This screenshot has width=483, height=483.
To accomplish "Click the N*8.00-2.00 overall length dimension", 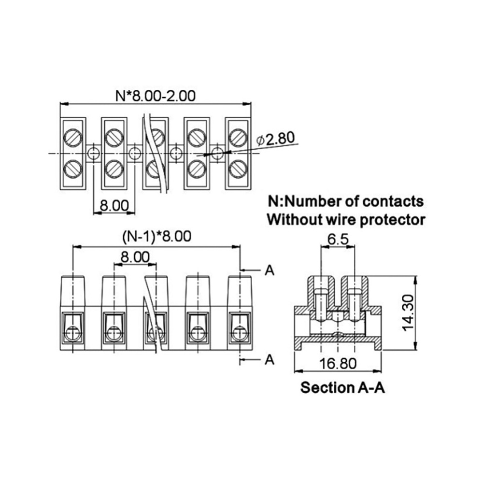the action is point(155,96).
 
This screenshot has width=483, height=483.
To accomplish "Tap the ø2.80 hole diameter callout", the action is point(276,139).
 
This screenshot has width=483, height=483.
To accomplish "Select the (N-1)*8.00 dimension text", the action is point(157,237).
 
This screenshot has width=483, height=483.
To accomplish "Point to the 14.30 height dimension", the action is point(409,313).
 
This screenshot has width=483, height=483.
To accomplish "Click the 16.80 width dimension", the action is point(338,364).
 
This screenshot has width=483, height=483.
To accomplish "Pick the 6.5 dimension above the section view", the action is point(338,240).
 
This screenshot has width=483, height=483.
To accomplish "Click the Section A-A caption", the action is point(342,387).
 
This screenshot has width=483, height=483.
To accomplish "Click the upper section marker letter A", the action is point(270,270).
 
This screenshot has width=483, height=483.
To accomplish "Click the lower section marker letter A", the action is point(270,359).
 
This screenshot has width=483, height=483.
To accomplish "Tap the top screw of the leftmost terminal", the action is point(73,137).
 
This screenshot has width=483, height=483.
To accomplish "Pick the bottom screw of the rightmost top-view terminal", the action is point(238,169).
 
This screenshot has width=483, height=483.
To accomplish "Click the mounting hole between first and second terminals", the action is point(93,153).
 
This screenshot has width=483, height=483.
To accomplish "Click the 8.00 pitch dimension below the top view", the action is point(114,205).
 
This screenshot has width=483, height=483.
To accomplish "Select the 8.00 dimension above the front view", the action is point(135,256).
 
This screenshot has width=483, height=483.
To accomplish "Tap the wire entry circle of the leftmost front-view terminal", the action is point(72,333).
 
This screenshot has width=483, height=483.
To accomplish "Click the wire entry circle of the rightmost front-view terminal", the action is point(240,333).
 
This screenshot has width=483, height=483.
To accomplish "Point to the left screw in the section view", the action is point(321,304).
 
